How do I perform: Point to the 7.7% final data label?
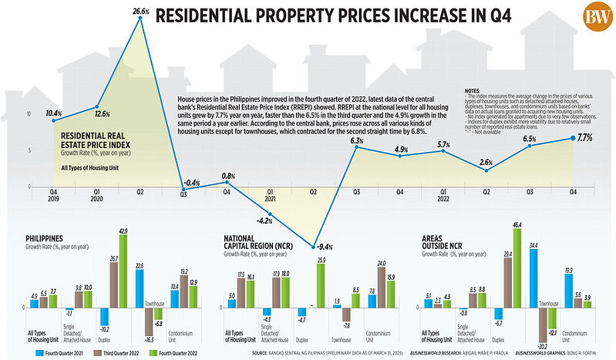point(584,138)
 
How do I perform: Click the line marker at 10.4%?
point(54,120)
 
